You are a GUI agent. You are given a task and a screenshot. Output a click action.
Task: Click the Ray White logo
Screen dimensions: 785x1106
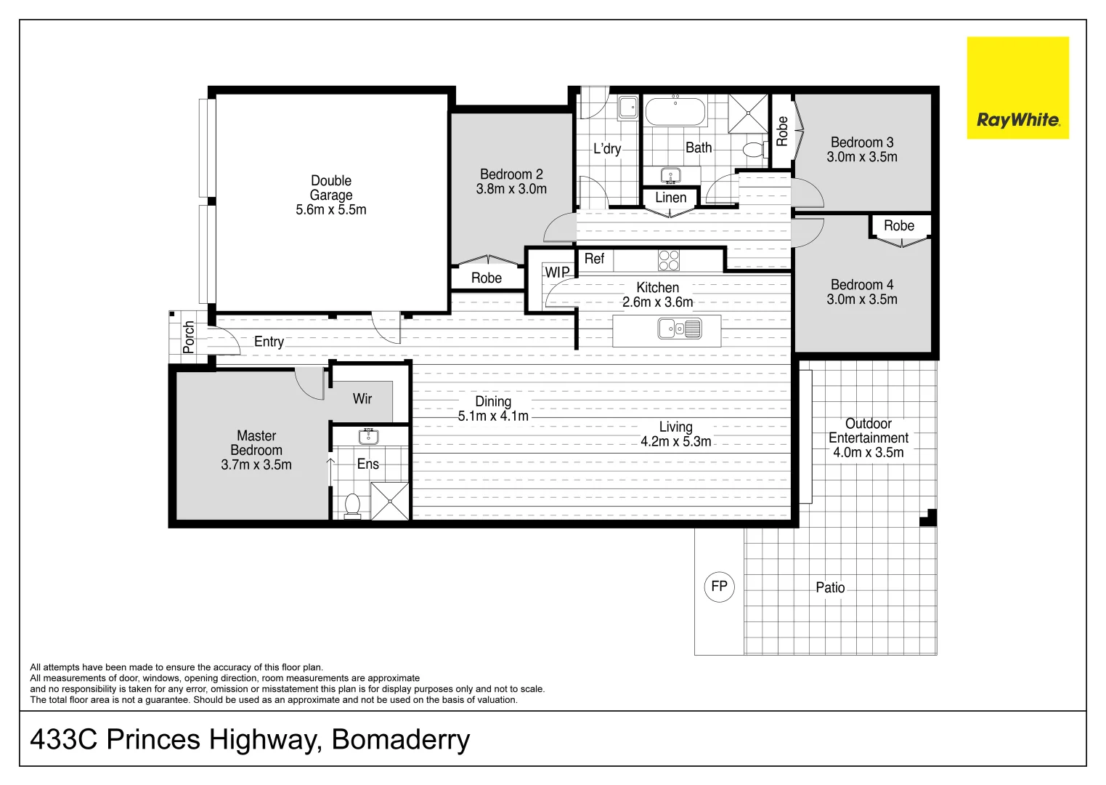pyautogui.click(x=1017, y=88)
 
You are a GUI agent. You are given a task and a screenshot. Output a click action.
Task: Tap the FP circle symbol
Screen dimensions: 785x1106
pyautogui.click(x=719, y=587)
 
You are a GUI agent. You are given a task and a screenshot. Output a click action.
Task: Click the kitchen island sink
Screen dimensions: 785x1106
pyautogui.click(x=680, y=329)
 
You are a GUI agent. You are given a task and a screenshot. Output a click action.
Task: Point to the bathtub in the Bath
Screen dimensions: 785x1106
pyautogui.click(x=675, y=113)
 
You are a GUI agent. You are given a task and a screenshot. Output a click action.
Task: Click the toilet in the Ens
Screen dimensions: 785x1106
pyautogui.click(x=352, y=505)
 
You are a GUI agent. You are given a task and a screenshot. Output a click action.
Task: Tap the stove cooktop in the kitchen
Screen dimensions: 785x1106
pyautogui.click(x=669, y=260)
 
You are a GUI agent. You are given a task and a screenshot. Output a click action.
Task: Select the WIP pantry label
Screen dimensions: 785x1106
pyautogui.click(x=557, y=273)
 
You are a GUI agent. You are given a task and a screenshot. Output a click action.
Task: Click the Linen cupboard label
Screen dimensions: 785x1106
pyautogui.click(x=670, y=198)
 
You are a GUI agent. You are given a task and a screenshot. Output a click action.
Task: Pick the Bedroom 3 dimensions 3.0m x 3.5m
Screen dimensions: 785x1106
pyautogui.click(x=862, y=157)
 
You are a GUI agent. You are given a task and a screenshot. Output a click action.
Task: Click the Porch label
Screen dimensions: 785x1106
pyautogui.click(x=189, y=337)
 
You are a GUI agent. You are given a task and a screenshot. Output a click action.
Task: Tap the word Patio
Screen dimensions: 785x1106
pyautogui.click(x=830, y=587)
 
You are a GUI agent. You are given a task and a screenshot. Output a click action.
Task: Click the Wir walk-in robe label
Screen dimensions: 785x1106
pyautogui.click(x=362, y=398)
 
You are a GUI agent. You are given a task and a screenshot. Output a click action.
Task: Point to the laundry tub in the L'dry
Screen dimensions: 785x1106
pyautogui.click(x=627, y=108)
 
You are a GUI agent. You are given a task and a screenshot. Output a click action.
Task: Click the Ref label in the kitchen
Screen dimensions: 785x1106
pyautogui.click(x=594, y=259)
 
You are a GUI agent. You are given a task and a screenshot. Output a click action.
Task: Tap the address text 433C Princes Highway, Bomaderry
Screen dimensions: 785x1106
pyautogui.click(x=250, y=740)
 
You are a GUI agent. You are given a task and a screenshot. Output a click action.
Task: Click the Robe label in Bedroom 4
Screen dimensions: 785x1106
pyautogui.click(x=899, y=226)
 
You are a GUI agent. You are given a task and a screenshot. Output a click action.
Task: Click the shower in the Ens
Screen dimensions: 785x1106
pyautogui.click(x=390, y=500)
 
